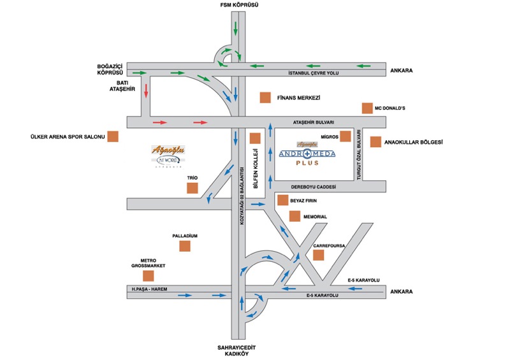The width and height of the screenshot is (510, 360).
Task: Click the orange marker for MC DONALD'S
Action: (367, 108)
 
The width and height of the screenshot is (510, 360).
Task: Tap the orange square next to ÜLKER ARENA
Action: (113, 136)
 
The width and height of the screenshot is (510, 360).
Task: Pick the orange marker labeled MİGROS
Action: (346, 136)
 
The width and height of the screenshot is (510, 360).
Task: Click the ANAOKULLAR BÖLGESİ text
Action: (414, 142)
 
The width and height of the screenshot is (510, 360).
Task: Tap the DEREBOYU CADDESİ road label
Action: (313, 187)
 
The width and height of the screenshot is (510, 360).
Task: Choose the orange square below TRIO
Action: (192, 188)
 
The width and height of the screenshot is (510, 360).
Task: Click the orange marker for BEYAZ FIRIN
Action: (283, 200)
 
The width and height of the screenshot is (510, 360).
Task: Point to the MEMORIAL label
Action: (315, 217)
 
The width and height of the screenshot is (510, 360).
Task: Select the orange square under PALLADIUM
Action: (185, 246)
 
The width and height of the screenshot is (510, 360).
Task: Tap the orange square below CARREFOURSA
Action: (319, 255)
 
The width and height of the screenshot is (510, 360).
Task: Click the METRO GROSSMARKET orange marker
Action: (149, 276)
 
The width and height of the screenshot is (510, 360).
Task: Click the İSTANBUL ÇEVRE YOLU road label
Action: (313, 73)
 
